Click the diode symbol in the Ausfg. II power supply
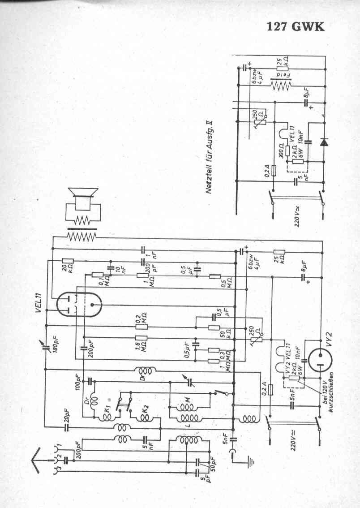click(x=323, y=142)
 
